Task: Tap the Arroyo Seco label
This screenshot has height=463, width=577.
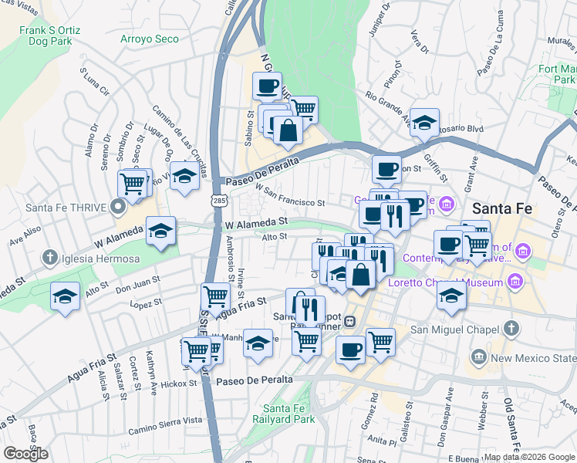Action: [149, 39]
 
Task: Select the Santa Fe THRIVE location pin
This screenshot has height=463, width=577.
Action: [117, 207]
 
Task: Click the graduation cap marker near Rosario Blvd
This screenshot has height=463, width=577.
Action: [424, 122]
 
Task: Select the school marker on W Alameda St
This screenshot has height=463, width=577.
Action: [160, 231]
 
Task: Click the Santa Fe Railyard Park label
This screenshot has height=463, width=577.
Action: [288, 414]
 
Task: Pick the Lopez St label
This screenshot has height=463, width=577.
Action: [144, 305]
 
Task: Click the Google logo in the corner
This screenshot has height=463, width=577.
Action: [26, 454]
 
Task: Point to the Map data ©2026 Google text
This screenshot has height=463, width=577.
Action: [529, 457]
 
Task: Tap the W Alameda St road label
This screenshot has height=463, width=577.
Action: [256, 221]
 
